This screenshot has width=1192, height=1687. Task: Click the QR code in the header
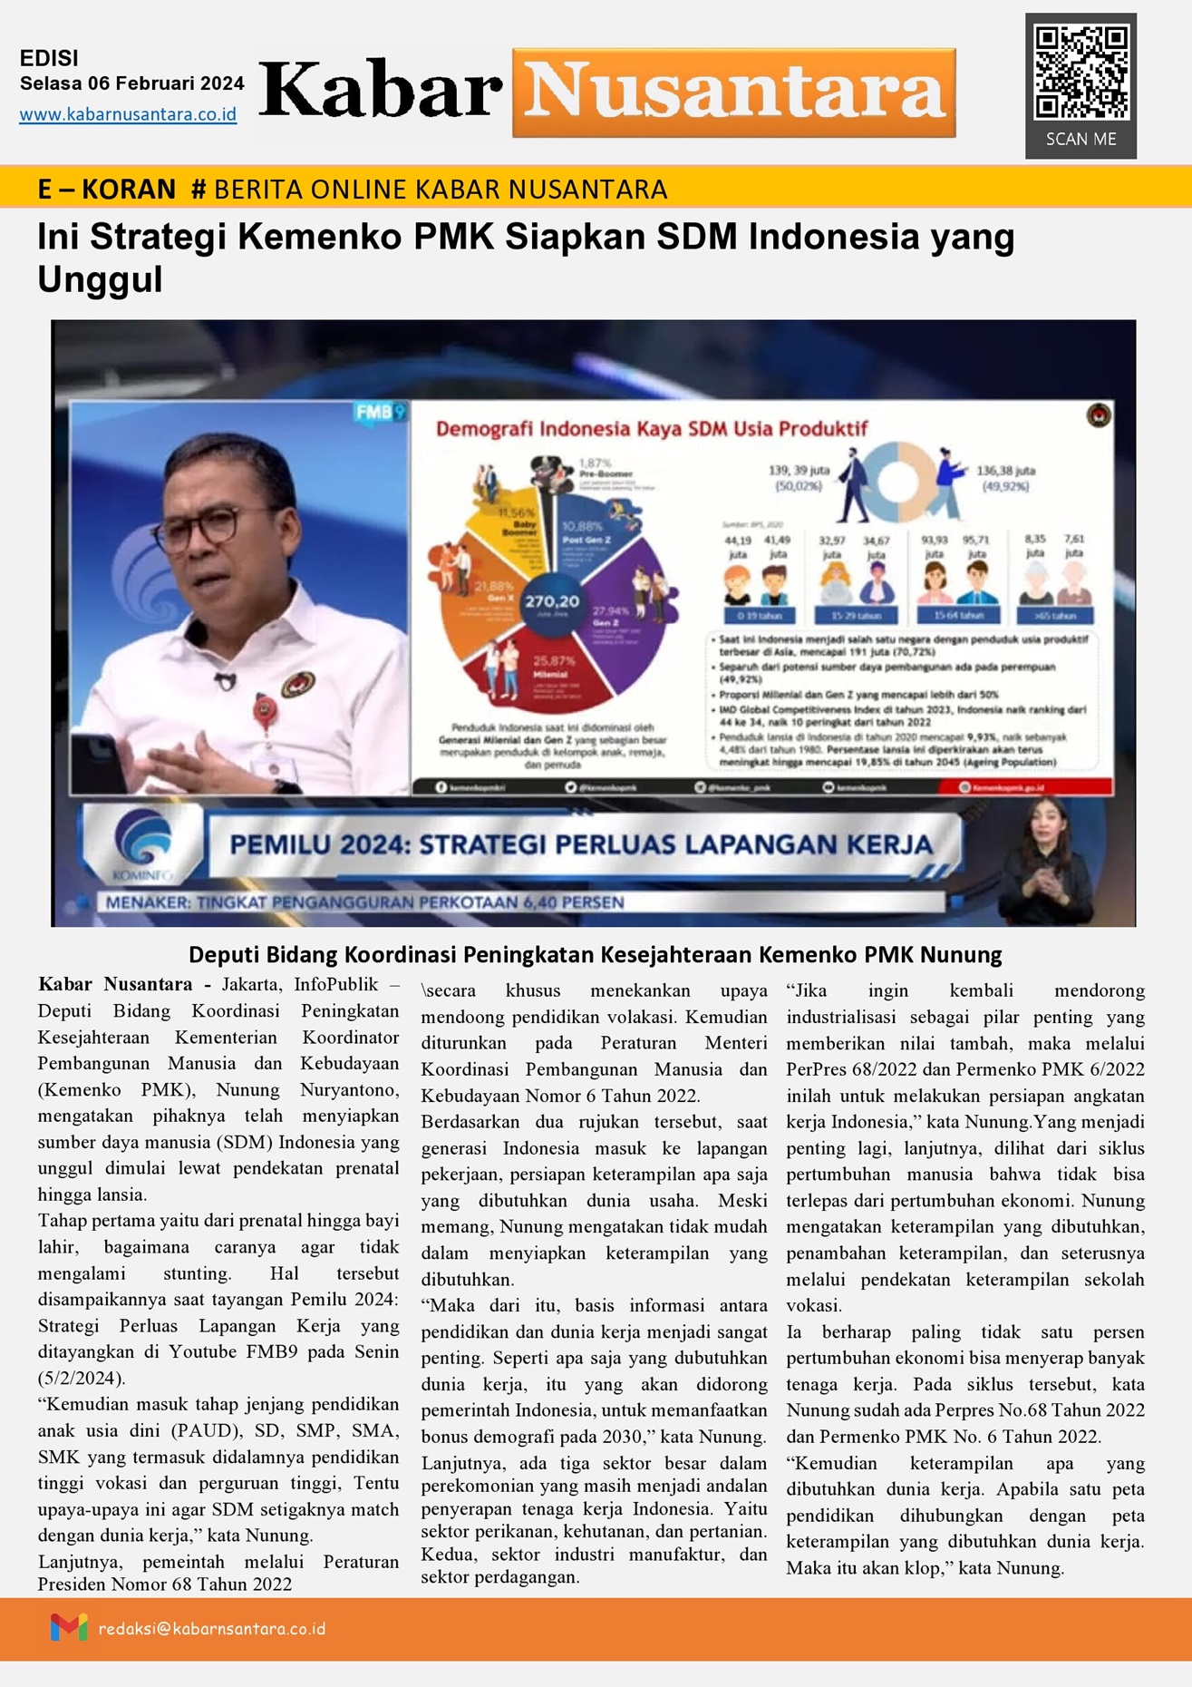click(1081, 73)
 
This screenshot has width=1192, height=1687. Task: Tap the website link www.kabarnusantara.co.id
click(128, 115)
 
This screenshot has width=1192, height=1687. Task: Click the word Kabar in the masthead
click(381, 92)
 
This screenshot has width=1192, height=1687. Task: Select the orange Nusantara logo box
click(734, 93)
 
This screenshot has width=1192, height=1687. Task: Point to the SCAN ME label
click(1081, 140)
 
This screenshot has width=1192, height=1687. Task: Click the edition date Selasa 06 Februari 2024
click(132, 83)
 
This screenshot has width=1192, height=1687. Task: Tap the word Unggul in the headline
click(100, 280)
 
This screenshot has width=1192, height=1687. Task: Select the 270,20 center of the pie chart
click(552, 601)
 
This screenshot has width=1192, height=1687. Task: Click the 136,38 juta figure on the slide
click(1005, 472)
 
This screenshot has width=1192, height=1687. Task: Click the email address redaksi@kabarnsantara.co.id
click(212, 1629)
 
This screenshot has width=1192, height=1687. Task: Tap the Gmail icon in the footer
click(69, 1628)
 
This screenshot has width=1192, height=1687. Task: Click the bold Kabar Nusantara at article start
click(115, 985)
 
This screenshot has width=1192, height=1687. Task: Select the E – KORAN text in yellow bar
click(106, 189)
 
